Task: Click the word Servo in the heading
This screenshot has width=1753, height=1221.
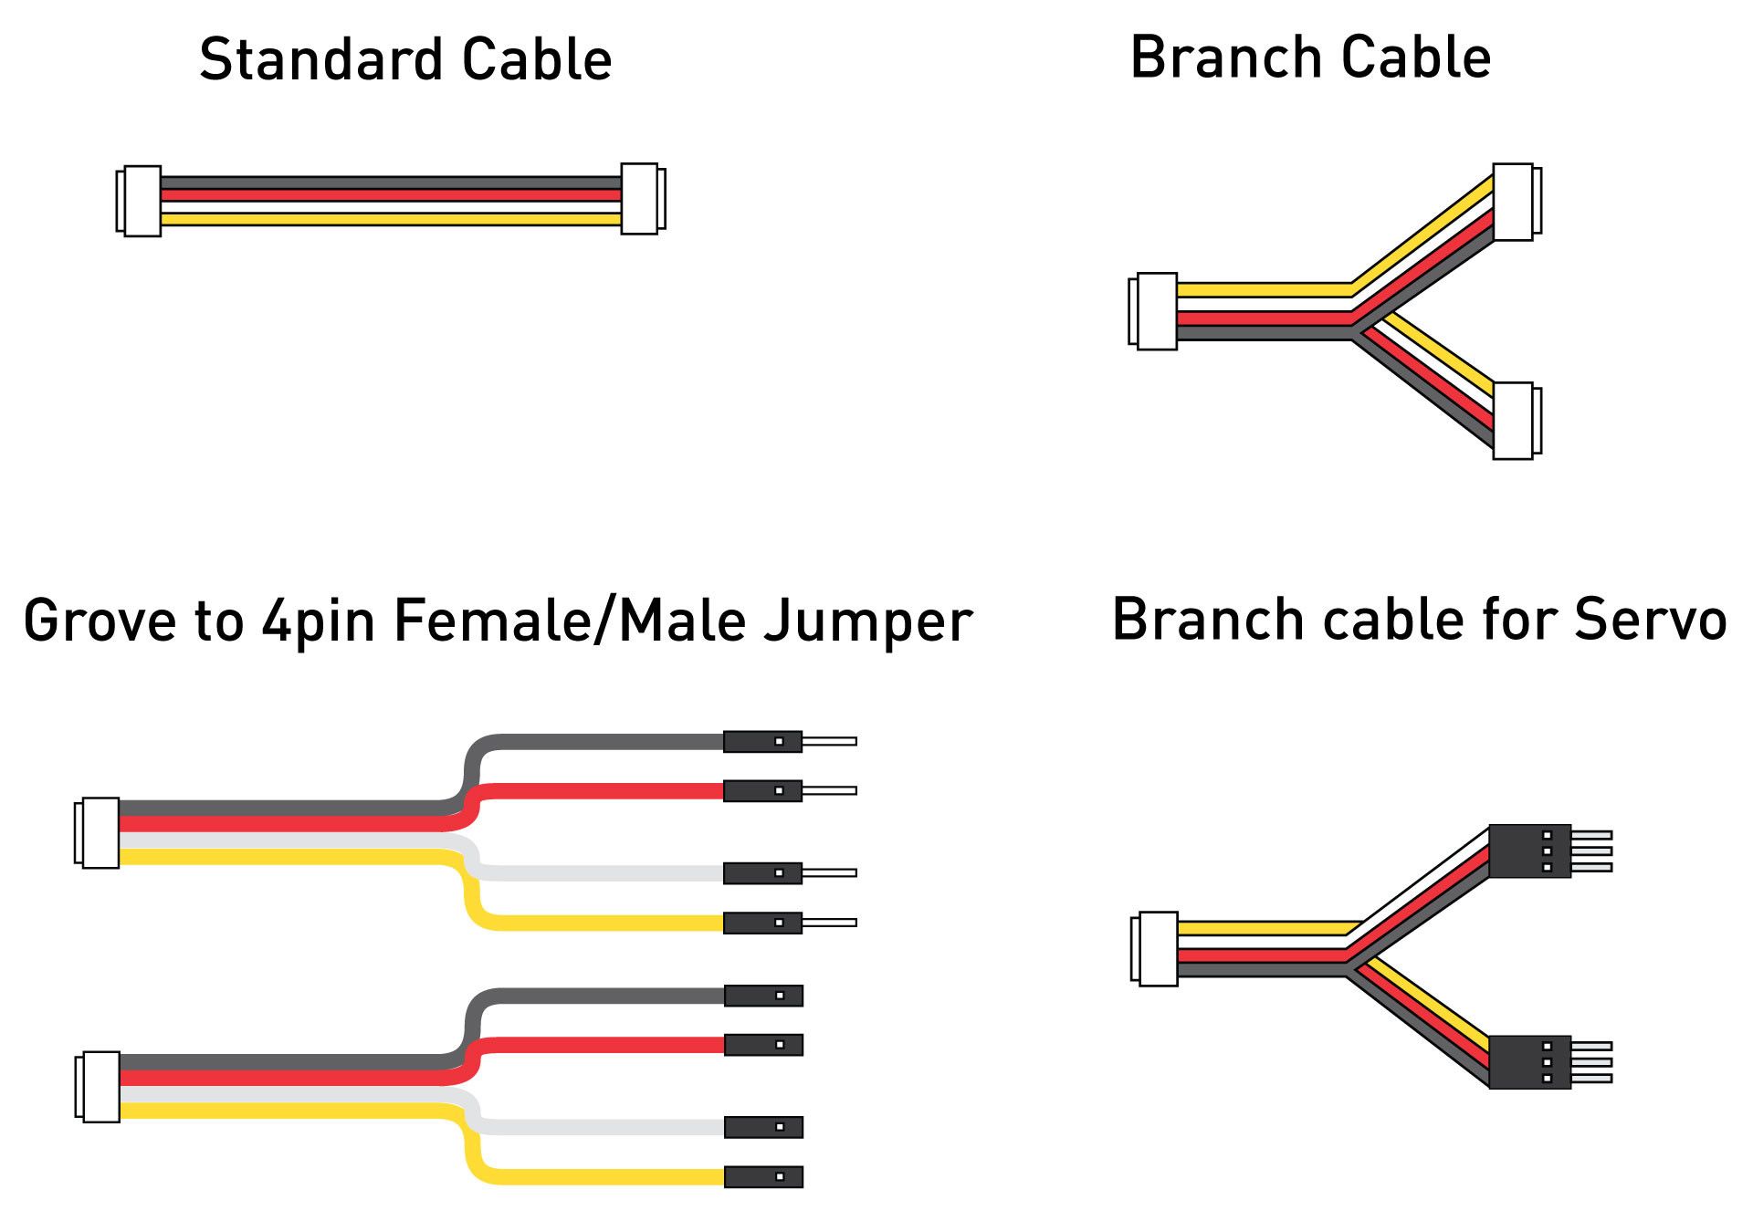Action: pyautogui.click(x=1650, y=621)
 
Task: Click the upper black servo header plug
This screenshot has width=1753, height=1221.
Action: pyautogui.click(x=1530, y=851)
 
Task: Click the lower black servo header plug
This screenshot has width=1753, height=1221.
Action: pyautogui.click(x=1530, y=1062)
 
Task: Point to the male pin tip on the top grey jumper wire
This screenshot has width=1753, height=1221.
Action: pyautogui.click(x=829, y=742)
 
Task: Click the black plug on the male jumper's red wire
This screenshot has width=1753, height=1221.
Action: pyautogui.click(x=762, y=791)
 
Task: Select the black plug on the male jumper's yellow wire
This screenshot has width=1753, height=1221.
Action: pyautogui.click(x=762, y=923)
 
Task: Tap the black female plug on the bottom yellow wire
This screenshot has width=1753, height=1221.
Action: pyautogui.click(x=763, y=1177)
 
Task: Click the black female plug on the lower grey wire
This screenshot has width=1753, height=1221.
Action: pyautogui.click(x=763, y=996)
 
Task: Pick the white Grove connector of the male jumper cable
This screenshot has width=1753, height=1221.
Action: pyautogui.click(x=98, y=832)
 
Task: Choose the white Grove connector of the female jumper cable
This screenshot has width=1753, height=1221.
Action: pyautogui.click(x=99, y=1087)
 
